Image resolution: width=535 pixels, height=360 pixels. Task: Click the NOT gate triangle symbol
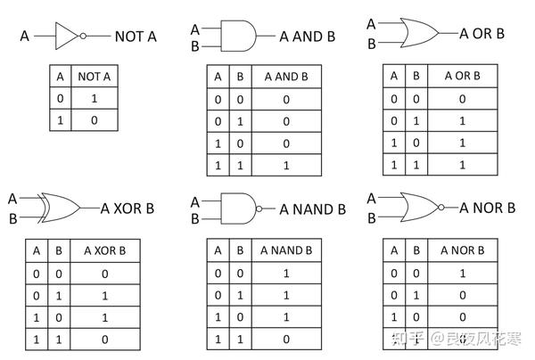coord(67,37)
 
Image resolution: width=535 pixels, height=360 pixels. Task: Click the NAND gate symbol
coord(236,209)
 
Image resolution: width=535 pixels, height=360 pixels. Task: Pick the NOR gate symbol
coord(415,209)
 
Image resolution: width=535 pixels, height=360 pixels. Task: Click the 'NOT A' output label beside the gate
coord(136,37)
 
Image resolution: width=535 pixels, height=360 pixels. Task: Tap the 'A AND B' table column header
coord(287,77)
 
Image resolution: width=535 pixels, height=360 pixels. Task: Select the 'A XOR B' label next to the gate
coord(128,209)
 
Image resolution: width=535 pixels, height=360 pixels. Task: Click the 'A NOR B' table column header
coord(462,250)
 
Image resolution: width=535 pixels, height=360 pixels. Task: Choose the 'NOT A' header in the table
coord(95,78)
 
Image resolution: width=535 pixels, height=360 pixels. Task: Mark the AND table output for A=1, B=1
coord(287,164)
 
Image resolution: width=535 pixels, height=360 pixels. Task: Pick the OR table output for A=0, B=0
coord(462,99)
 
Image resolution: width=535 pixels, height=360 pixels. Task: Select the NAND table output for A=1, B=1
coord(286,339)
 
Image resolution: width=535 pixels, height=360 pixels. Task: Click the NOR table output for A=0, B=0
coord(462,273)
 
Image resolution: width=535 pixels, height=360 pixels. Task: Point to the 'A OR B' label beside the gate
coord(481,34)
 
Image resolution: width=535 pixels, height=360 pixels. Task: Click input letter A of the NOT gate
coord(24,37)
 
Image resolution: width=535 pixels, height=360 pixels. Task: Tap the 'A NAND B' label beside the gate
coord(312,210)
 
